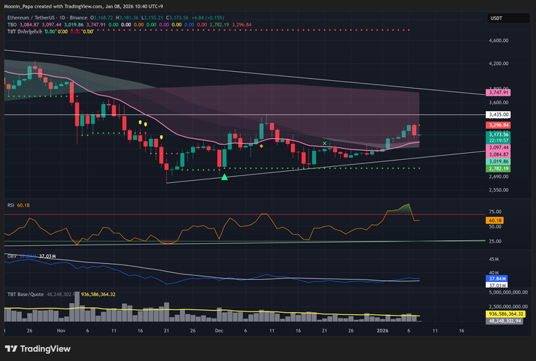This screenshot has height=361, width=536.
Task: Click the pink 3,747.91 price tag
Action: [x=500, y=92]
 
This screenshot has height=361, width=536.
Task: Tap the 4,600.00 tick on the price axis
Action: [x=499, y=40]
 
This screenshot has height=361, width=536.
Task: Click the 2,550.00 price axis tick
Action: [x=499, y=190]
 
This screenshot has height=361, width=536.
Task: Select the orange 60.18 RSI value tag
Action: [x=496, y=221]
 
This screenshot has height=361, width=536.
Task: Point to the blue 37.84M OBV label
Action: [x=497, y=279]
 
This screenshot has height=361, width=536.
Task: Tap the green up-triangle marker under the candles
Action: [x=224, y=177]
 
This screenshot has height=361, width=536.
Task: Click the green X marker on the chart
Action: [x=325, y=143]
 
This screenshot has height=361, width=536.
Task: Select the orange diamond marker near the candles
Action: [x=261, y=146]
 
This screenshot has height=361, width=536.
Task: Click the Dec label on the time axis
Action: [x=218, y=329]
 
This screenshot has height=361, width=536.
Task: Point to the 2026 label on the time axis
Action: [x=382, y=329]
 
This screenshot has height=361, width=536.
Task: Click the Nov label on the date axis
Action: [x=61, y=329]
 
